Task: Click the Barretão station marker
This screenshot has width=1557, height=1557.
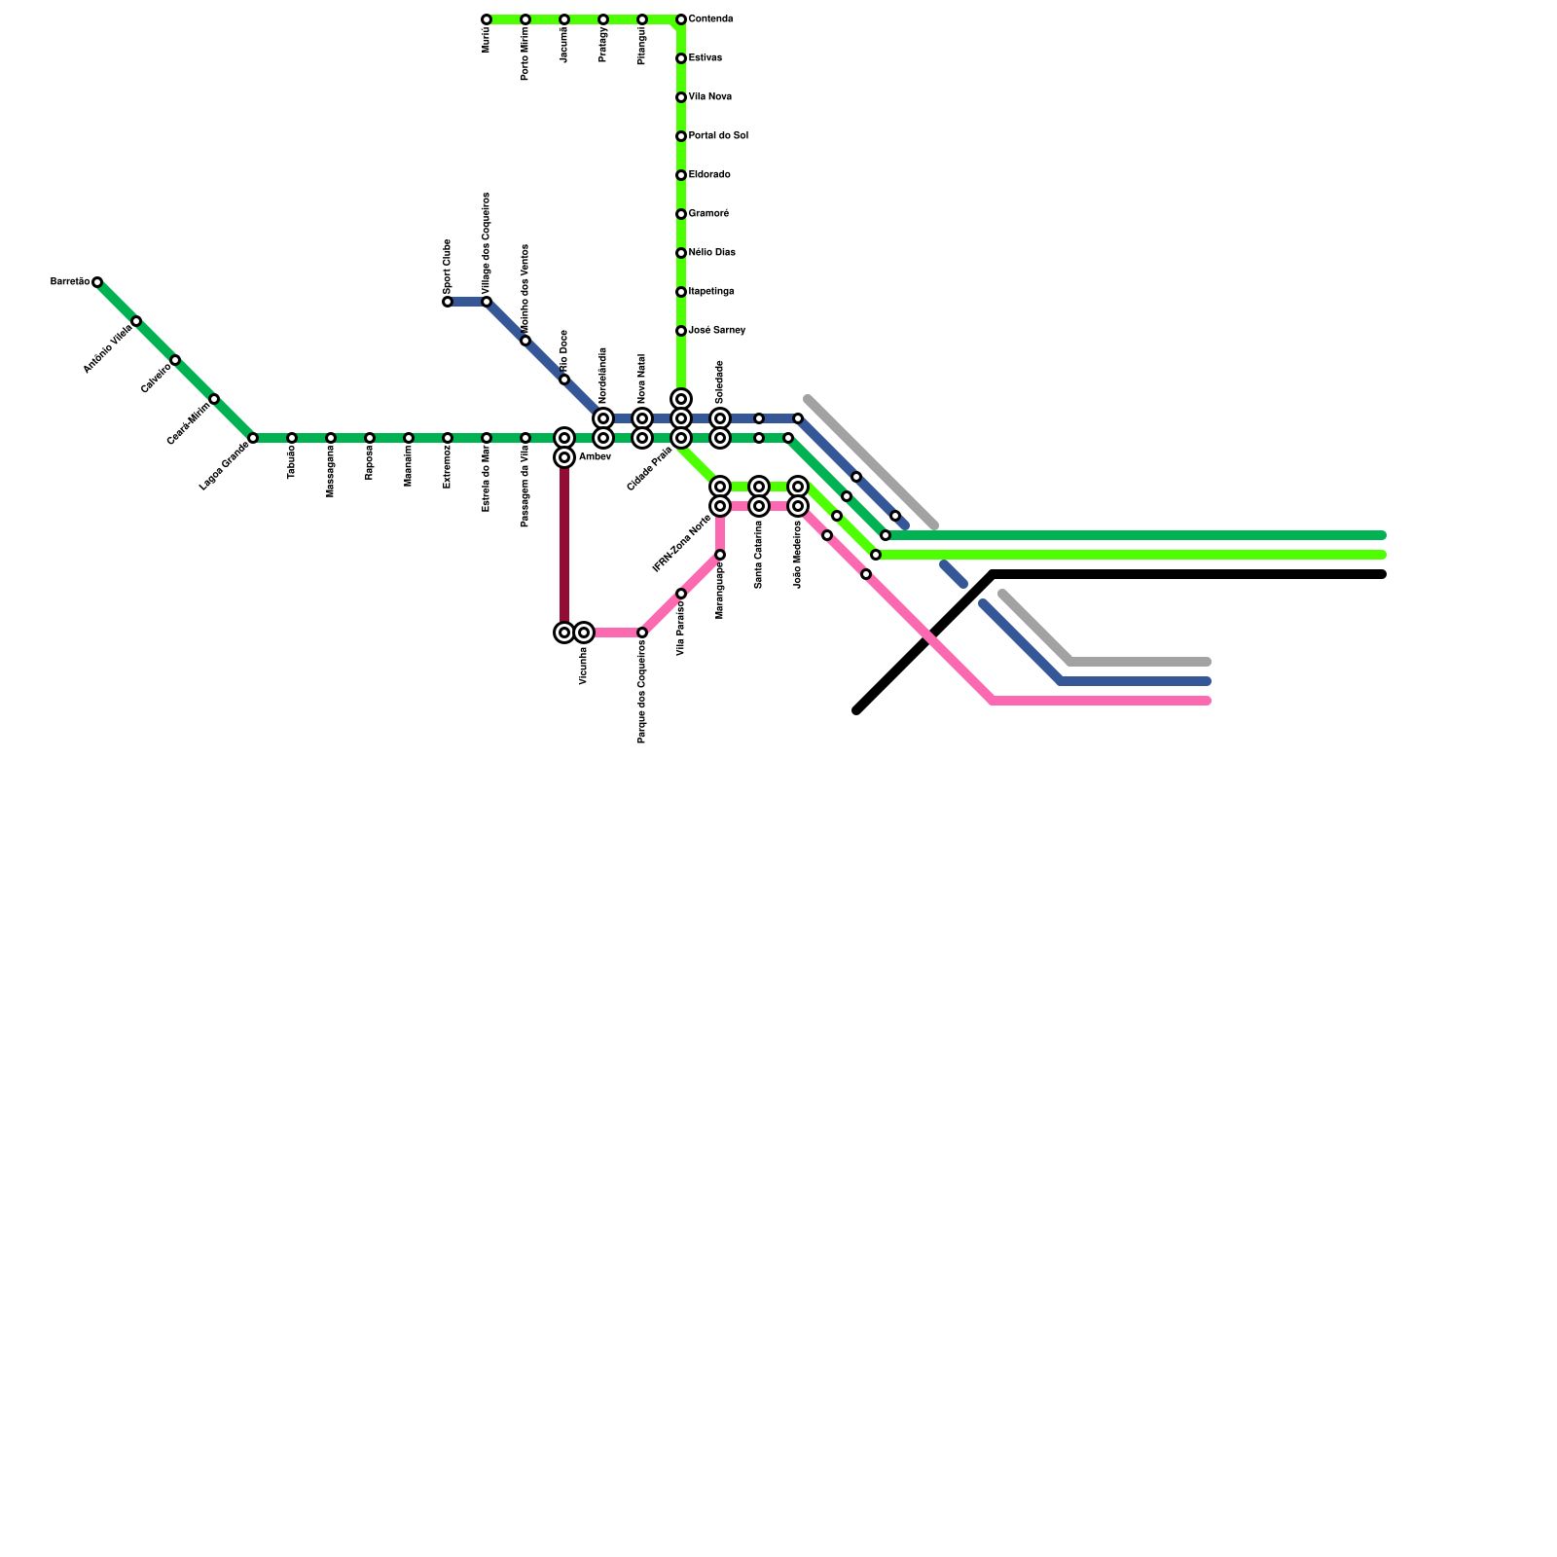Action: [97, 282]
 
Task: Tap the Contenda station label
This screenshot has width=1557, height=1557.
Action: [710, 19]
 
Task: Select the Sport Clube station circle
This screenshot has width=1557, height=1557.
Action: [448, 302]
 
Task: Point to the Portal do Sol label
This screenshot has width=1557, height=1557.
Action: [718, 136]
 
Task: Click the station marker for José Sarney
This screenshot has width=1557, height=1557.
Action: [681, 331]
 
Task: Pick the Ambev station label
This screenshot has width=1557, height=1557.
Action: [595, 457]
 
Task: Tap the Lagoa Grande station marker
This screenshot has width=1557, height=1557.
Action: [253, 438]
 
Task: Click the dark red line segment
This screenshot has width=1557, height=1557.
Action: [564, 545]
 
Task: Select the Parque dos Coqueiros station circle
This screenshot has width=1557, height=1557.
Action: [642, 633]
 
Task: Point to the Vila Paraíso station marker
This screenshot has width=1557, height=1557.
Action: [681, 594]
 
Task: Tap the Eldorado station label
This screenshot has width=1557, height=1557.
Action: [709, 175]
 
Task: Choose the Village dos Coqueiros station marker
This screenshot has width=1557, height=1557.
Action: [487, 302]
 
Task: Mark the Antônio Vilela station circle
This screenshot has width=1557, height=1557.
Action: [136, 321]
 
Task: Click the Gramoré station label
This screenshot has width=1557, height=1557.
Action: [708, 214]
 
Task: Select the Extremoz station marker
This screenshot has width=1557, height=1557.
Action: [448, 438]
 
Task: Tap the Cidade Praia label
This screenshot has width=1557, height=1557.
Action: [650, 469]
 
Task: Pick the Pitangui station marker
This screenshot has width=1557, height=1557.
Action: [642, 19]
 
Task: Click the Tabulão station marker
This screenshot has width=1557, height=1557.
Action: [292, 438]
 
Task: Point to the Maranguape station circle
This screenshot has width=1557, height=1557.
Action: [720, 555]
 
